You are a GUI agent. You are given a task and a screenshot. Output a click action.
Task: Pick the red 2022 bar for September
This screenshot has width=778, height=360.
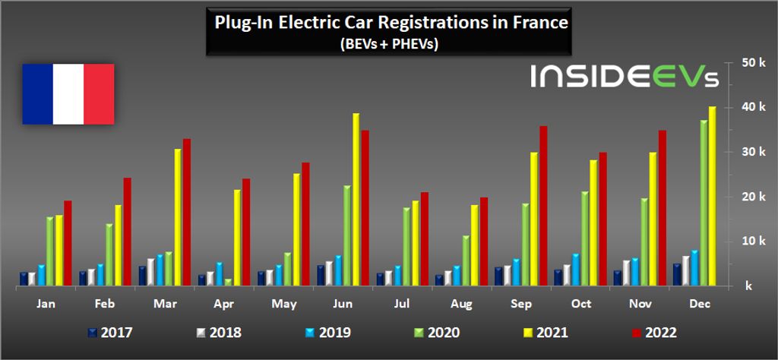pos(543,206)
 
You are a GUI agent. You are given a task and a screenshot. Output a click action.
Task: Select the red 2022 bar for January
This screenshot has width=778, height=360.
pos(68,243)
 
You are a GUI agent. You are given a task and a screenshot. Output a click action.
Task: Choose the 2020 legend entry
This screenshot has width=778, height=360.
pos(438,332)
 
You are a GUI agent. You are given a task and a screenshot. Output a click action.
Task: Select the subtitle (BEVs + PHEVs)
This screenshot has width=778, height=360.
pos(390,44)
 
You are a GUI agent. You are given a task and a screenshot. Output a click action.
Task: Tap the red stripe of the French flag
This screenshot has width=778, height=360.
pos(99,94)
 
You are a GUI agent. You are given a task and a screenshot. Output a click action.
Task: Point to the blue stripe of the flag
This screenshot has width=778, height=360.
pos(37,94)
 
